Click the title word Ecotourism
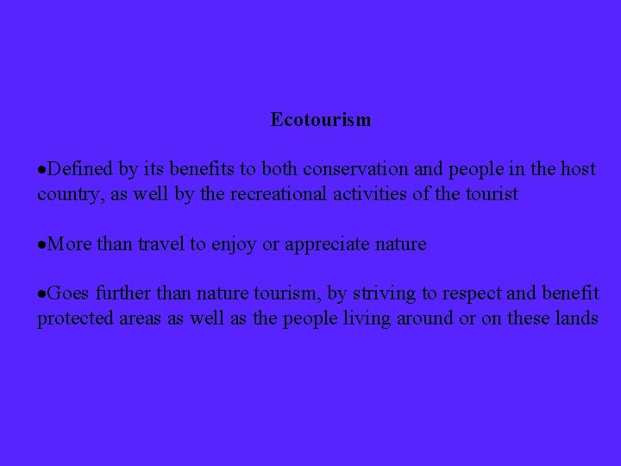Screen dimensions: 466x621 pyautogui.click(x=321, y=119)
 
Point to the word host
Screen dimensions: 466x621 pyautogui.click(x=578, y=169)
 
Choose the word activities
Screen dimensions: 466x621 pyautogui.click(x=366, y=194)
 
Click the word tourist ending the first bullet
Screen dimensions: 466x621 pyautogui.click(x=490, y=194)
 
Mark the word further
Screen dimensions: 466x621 pyautogui.click(x=123, y=293)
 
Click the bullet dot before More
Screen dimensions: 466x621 pyautogui.click(x=41, y=245)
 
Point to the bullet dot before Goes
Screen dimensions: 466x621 pyautogui.click(x=41, y=294)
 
